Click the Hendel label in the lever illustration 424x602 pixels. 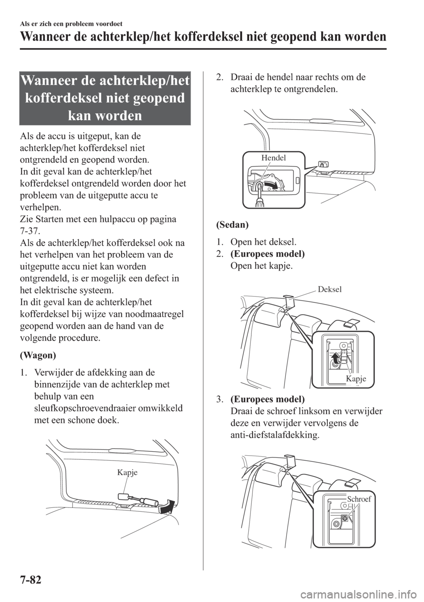(x=273, y=158)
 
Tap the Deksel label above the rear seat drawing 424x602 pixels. (x=329, y=290)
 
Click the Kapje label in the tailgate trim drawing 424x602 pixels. (x=127, y=472)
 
